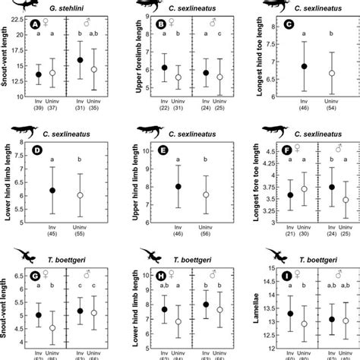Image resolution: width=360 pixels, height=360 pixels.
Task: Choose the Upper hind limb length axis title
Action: pos(129,186)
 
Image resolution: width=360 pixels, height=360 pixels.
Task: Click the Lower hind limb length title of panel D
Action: pos(8,186)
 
